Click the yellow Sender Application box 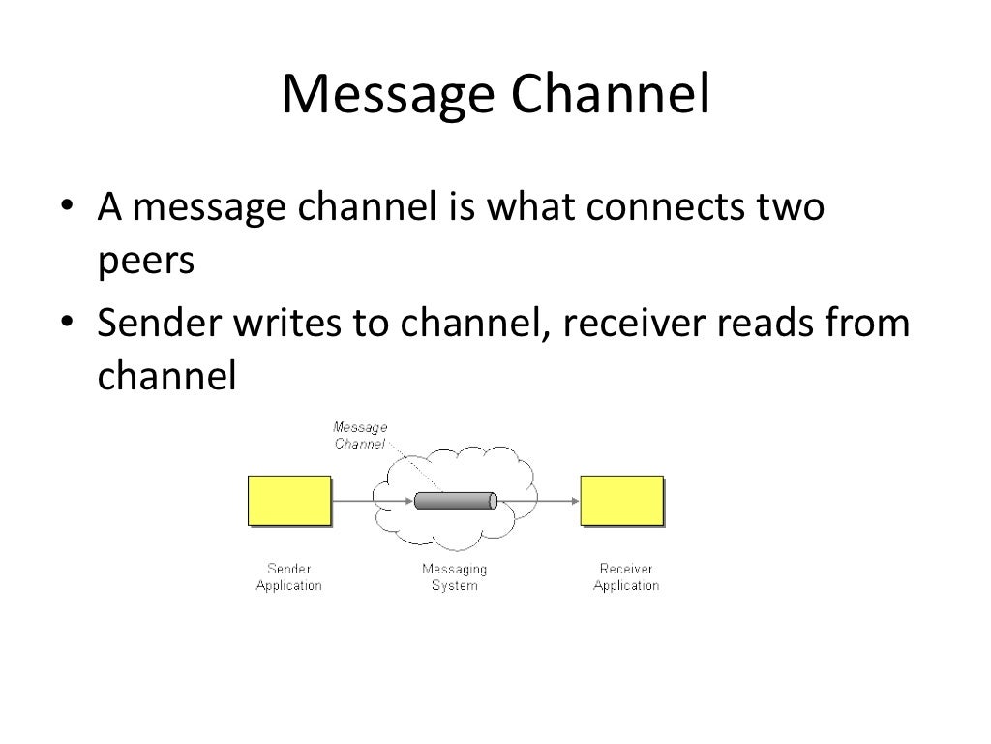(289, 500)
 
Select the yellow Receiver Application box (621, 500)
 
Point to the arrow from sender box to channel (374, 501)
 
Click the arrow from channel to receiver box (538, 501)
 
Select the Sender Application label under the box (288, 577)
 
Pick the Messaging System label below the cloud (454, 577)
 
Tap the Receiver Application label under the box (625, 577)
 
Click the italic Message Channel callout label (360, 435)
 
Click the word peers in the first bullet (146, 262)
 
